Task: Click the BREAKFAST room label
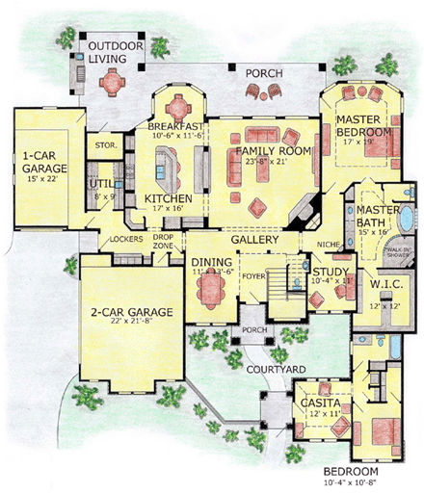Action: pos(175,126)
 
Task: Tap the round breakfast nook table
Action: pos(180,101)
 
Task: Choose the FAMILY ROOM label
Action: pos(269,151)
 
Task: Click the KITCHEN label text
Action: pos(169,199)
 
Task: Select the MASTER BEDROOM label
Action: pos(363,124)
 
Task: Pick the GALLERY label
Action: pos(254,238)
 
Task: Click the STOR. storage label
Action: pos(106,146)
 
